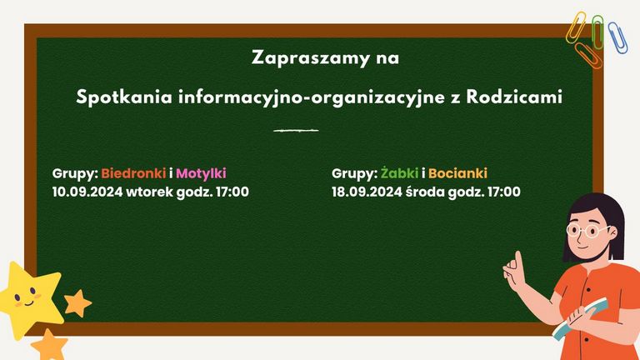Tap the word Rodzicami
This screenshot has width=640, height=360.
514,97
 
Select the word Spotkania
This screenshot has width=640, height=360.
124,98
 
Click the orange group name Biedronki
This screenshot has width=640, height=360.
133,173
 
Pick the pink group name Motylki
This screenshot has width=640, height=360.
201,174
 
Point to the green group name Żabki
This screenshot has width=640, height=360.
399,173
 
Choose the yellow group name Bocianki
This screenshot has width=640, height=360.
457,173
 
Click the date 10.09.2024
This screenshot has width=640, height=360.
87,192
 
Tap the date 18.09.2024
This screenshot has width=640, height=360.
367,192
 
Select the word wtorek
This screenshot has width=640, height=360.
149,192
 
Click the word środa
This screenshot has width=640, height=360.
425,192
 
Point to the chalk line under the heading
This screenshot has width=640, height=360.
296,131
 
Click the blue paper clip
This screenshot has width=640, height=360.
618,37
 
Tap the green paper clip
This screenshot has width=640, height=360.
598,32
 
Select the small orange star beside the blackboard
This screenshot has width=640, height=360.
77,303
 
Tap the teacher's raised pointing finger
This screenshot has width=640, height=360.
519,260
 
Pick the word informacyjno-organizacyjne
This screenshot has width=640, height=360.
311,98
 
